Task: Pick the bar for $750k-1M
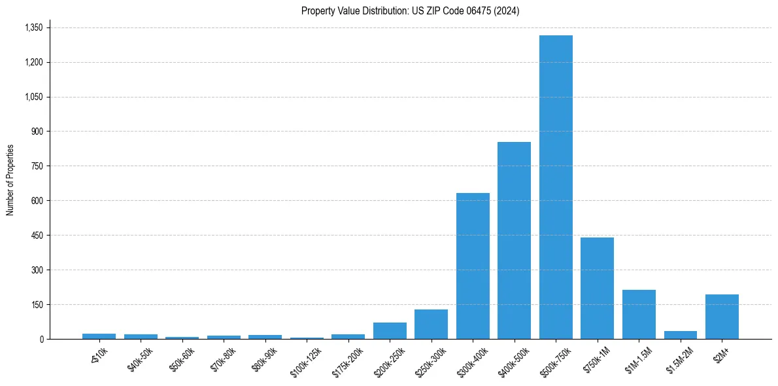597,288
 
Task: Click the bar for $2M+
722,317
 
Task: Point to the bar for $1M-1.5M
639,314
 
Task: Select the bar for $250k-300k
431,324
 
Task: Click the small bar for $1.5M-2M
680,335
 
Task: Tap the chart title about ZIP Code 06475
410,11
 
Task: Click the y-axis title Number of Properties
10,180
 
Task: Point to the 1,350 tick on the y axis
33,27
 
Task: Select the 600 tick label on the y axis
37,200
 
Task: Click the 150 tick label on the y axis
37,304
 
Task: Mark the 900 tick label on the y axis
37,132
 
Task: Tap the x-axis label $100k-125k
306,359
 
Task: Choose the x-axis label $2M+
722,353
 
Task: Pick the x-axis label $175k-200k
347,359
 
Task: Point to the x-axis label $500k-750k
554,359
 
